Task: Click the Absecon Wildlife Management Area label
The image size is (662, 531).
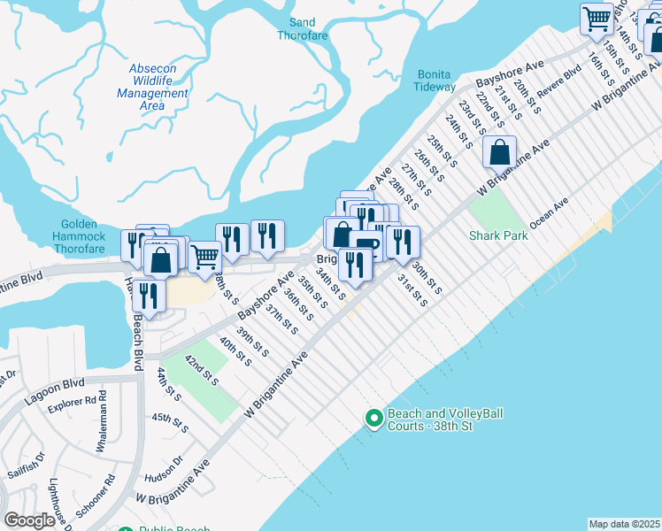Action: tap(152, 87)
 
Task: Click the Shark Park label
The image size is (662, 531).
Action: tap(498, 235)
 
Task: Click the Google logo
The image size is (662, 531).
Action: tap(29, 519)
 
